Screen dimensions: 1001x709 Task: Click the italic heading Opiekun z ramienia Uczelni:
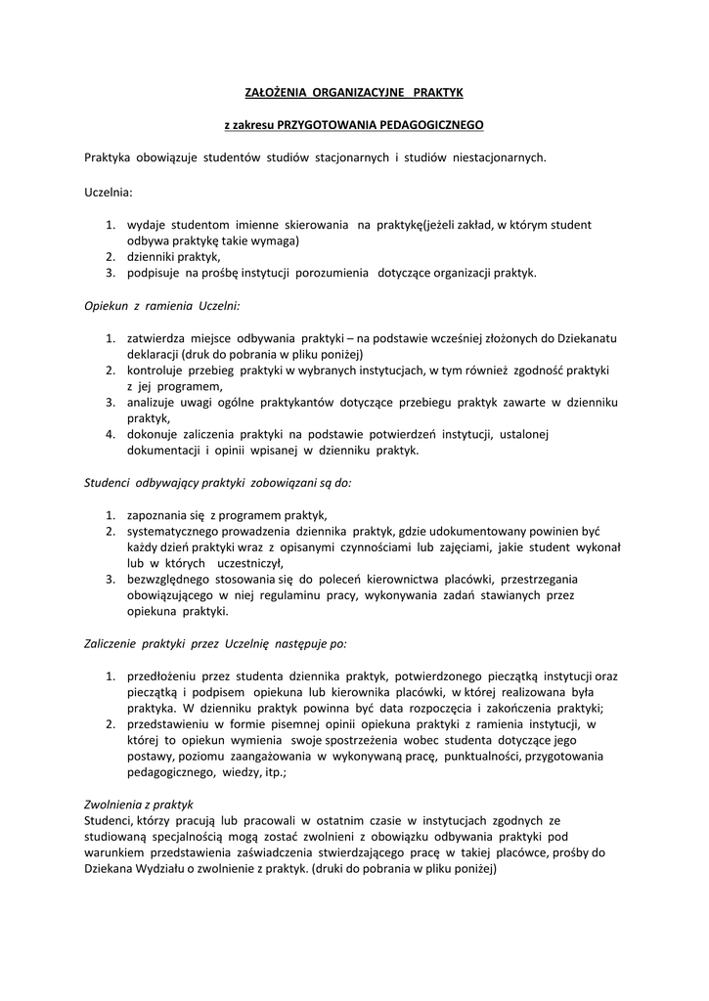(x=155, y=305)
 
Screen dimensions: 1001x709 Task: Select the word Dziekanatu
(x=586, y=338)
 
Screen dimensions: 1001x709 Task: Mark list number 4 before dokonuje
(x=111, y=434)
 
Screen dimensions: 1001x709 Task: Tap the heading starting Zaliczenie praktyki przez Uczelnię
(x=215, y=644)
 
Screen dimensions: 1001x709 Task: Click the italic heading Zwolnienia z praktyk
(x=139, y=805)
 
